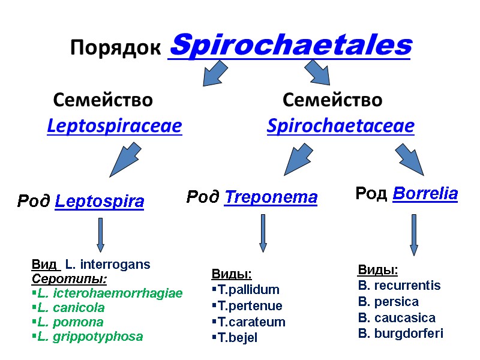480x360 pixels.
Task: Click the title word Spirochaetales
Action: click(x=291, y=46)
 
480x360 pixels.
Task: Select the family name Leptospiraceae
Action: click(x=114, y=127)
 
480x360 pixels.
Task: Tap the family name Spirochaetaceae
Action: click(x=340, y=127)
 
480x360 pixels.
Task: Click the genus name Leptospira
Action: click(x=99, y=202)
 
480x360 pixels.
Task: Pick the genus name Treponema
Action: click(x=270, y=197)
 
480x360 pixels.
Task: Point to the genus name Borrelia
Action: click(x=425, y=194)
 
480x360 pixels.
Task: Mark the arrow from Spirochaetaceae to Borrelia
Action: click(x=410, y=159)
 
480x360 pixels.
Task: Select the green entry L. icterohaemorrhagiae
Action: click(x=109, y=293)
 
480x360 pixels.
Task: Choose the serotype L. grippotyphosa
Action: click(x=89, y=337)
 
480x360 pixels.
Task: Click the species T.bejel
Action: click(x=237, y=338)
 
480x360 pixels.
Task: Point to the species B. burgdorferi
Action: click(x=400, y=334)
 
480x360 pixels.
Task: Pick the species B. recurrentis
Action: click(x=399, y=286)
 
